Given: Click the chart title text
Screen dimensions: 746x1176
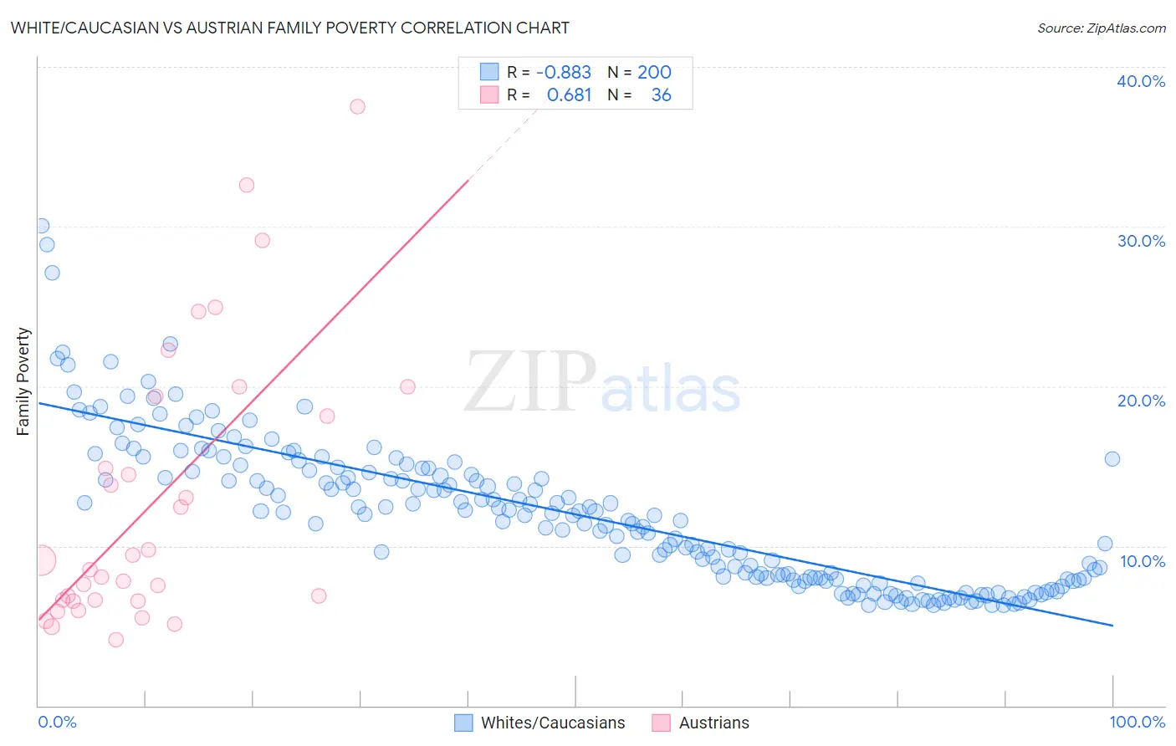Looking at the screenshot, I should (289, 28).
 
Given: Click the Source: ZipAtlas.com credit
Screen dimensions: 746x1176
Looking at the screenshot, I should (1101, 28).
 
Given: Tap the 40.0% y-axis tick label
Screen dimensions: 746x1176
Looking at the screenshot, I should (1140, 81).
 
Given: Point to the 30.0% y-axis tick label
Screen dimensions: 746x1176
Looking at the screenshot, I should (1140, 241).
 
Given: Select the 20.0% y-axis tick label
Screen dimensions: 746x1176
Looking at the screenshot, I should (1140, 401).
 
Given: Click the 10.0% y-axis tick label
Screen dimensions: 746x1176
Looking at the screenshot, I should (1142, 560).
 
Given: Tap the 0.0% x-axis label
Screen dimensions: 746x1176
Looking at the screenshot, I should (57, 722).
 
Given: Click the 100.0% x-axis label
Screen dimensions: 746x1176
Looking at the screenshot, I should (1137, 722).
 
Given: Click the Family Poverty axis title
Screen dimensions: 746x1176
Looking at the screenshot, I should (23, 381).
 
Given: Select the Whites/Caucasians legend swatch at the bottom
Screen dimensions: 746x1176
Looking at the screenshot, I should (463, 723).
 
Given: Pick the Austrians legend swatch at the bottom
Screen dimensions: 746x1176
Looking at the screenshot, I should (662, 723).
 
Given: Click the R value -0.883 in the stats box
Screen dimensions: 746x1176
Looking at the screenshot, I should (563, 72).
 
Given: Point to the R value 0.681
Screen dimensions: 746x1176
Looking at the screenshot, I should (569, 95).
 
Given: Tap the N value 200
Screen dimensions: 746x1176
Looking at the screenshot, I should (654, 72).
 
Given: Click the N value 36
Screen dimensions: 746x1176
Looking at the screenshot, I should (661, 95).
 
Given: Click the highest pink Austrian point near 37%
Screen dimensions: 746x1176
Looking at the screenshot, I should (357, 106).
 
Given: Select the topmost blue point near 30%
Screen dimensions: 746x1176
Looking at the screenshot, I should (41, 226).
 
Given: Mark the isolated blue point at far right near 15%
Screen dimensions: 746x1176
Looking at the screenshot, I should (1112, 458).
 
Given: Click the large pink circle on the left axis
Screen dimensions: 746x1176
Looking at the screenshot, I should (40, 560).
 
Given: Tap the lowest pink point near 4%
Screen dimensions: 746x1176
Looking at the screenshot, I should (115, 640).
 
